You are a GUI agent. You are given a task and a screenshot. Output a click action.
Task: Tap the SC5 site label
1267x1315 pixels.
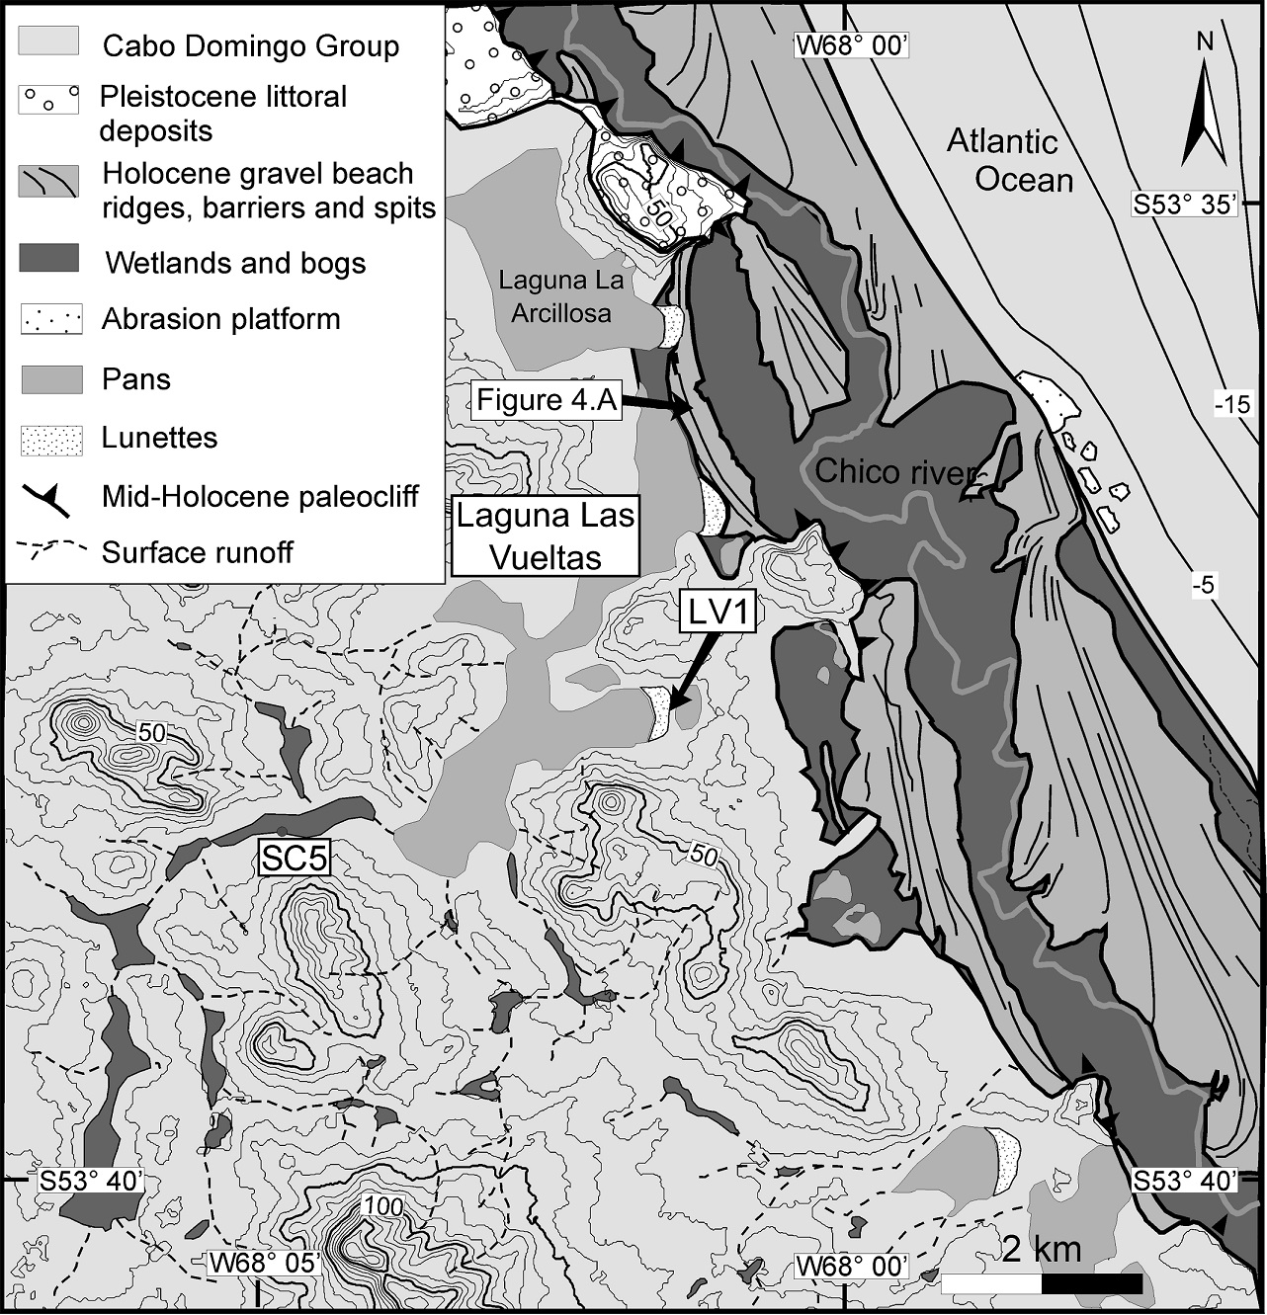click(293, 857)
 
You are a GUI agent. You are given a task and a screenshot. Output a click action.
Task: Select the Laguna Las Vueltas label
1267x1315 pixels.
click(545, 536)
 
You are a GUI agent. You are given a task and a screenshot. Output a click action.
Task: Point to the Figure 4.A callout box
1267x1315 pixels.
click(546, 400)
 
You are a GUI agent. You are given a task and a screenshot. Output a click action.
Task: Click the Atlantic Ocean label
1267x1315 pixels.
click(1009, 160)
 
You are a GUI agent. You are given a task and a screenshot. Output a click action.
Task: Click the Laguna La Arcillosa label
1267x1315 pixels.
click(561, 296)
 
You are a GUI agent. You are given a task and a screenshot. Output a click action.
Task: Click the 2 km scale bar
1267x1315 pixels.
click(1042, 1282)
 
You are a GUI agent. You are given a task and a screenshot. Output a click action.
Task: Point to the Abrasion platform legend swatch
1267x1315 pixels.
click(49, 320)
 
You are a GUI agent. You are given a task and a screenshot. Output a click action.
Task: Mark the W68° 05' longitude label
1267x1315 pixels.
click(264, 1263)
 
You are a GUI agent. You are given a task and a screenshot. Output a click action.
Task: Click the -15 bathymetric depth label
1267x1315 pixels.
click(1231, 403)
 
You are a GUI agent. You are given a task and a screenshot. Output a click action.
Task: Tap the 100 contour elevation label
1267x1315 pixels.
click(383, 1206)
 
